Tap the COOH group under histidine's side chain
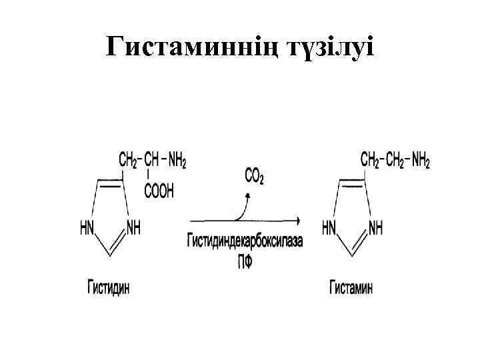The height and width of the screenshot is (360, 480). (x=159, y=191)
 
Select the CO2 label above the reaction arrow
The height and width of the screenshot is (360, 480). (x=254, y=177)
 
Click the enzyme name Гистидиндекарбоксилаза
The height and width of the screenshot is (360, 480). (x=244, y=242)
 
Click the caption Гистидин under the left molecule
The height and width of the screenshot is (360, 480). (x=108, y=288)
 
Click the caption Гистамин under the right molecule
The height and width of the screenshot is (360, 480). (x=351, y=288)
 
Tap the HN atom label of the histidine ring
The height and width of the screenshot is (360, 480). (x=87, y=228)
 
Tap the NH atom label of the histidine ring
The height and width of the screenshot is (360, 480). (x=133, y=228)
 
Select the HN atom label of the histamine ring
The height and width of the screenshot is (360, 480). (x=329, y=228)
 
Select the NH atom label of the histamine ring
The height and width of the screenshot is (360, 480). (x=375, y=228)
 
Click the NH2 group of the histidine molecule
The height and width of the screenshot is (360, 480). (x=177, y=160)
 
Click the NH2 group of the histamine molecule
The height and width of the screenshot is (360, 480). (x=421, y=160)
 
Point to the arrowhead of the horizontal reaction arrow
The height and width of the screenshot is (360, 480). (x=297, y=221)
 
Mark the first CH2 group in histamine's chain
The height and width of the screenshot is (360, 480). (x=371, y=160)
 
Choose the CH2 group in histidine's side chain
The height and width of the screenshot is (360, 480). (x=128, y=160)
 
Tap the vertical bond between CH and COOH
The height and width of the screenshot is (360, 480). (x=150, y=175)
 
